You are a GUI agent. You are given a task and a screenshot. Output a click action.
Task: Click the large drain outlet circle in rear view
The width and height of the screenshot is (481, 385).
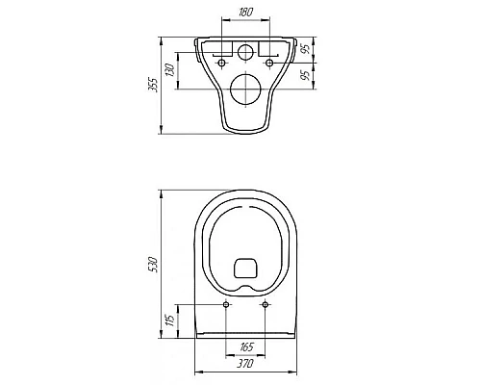(243, 91)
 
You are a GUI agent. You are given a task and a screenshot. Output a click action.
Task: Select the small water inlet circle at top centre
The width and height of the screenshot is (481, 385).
(243, 51)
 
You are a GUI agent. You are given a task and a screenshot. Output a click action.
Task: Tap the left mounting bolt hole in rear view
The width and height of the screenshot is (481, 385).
(222, 64)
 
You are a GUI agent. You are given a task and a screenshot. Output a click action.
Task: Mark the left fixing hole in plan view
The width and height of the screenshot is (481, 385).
(225, 305)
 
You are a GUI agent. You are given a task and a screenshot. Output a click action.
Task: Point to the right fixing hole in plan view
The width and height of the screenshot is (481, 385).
(263, 305)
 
